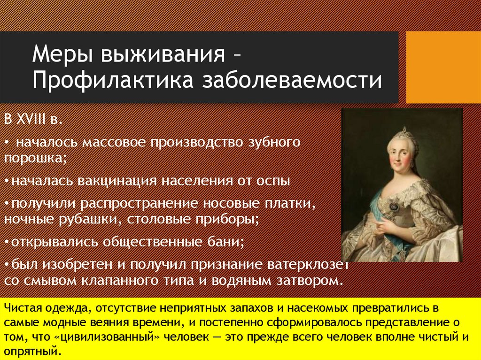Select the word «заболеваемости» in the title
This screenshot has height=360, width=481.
292,81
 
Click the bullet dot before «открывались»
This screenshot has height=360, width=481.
7,242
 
